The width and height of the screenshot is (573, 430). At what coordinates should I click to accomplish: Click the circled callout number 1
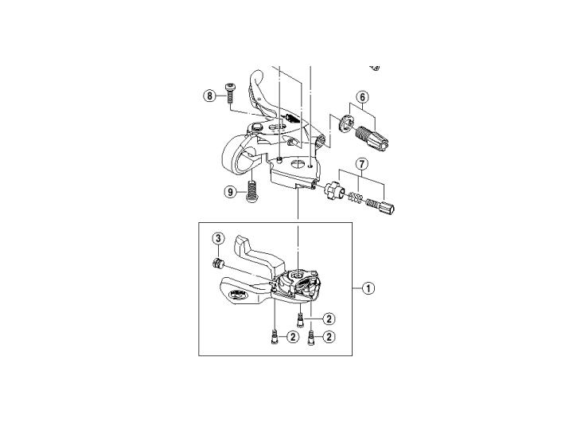point(368,288)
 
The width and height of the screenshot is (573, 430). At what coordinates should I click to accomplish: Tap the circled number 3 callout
point(218,239)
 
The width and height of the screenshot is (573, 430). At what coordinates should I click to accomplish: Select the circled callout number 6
point(362,97)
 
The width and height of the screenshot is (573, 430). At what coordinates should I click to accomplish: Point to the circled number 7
point(361,164)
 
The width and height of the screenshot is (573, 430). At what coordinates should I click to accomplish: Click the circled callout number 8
point(209,96)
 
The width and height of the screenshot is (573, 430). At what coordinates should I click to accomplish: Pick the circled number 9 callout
point(230,192)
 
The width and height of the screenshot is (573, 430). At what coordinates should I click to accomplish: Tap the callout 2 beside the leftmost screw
point(293,337)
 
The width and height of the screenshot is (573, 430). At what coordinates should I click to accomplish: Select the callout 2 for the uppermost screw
point(329,319)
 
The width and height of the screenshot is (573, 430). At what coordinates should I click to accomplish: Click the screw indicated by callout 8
point(230,93)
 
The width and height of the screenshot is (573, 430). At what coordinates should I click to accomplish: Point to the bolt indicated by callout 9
point(251,190)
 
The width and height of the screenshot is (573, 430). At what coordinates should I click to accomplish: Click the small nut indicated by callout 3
point(218,264)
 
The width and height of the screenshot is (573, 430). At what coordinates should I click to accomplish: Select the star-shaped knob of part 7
point(332,190)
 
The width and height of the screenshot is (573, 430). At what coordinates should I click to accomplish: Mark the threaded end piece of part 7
point(380,206)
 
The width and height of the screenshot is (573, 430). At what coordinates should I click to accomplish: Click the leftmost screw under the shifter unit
point(274,336)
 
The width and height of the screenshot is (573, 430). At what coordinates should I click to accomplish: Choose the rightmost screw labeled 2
point(311,337)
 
